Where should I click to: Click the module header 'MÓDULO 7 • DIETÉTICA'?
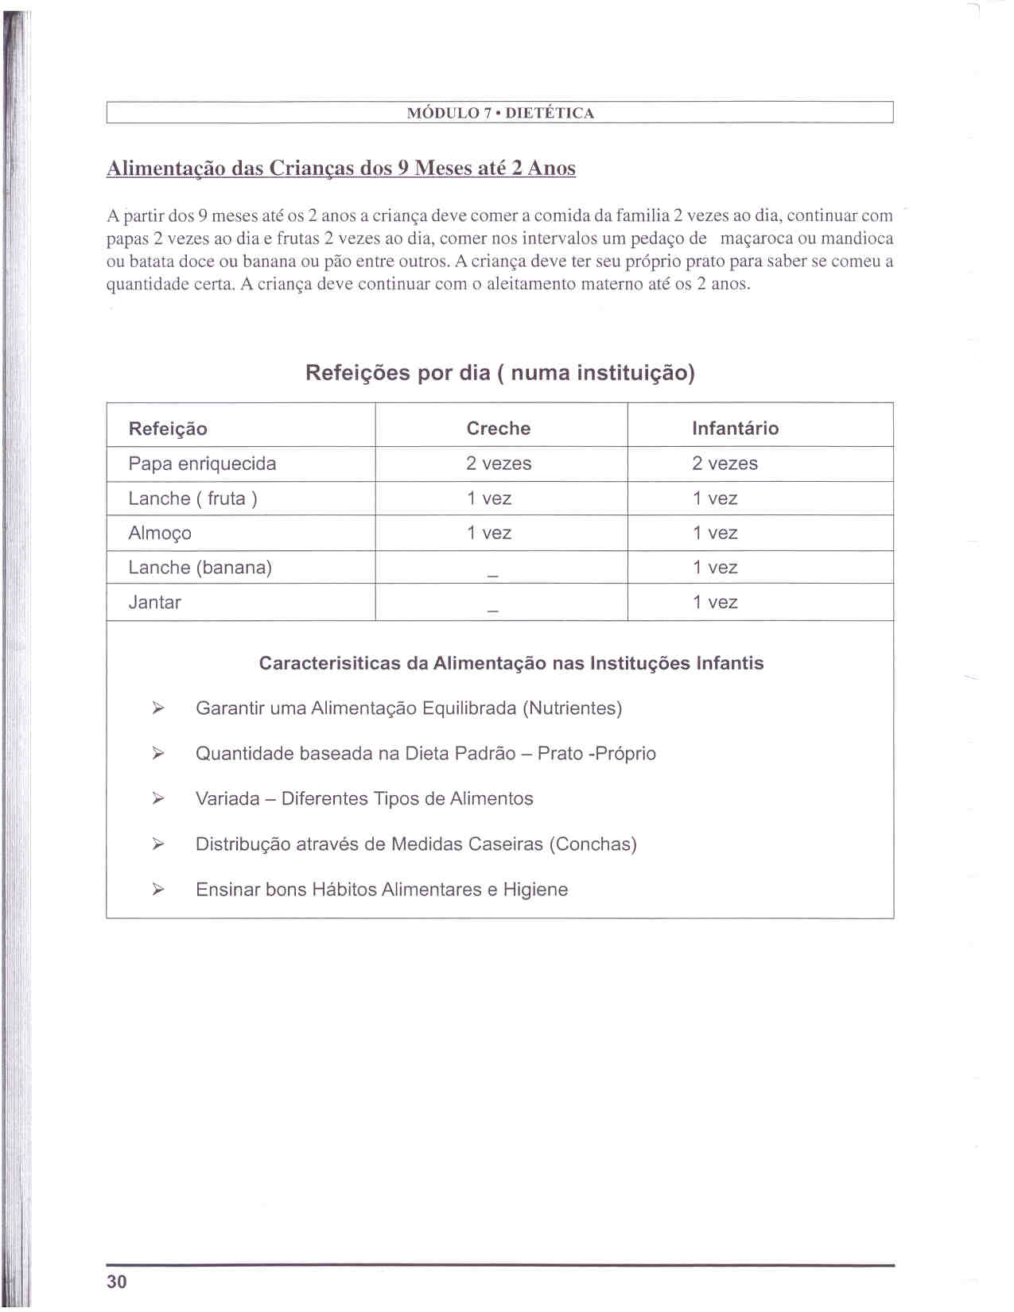[500, 113]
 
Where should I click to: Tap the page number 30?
[116, 1281]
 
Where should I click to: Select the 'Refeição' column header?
[168, 429]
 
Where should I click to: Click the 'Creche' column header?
[498, 429]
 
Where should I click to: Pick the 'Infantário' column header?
[735, 429]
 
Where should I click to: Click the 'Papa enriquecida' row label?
[202, 464]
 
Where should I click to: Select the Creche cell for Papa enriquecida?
[499, 464]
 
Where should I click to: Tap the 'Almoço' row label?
[160, 534]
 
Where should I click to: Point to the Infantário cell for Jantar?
[714, 603]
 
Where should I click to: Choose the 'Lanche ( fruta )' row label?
[192, 499]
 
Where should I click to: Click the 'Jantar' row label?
[154, 603]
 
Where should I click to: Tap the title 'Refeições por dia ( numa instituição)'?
[500, 373]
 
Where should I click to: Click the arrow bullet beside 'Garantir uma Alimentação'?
[158, 708]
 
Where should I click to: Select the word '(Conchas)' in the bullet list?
[592, 844]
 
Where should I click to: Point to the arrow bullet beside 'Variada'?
[158, 799]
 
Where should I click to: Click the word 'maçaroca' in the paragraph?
[756, 239]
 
